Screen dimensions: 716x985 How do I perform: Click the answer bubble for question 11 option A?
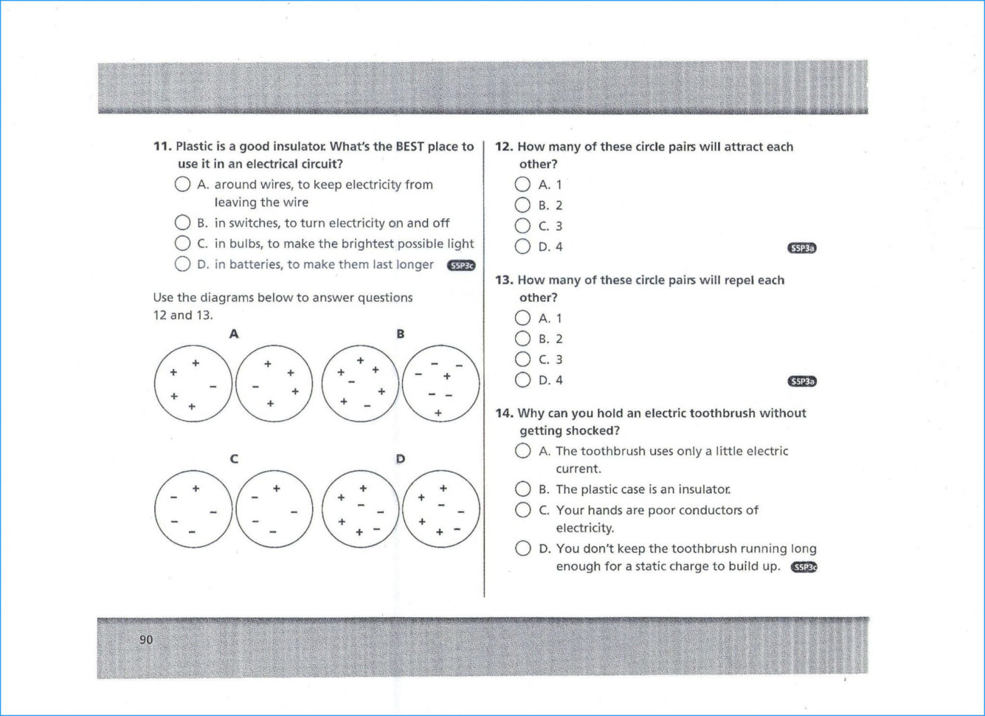[x=183, y=185]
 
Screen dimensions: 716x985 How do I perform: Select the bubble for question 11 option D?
[x=183, y=264]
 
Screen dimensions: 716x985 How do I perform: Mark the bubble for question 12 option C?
[x=522, y=226]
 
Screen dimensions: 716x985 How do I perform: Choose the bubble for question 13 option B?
[x=522, y=339]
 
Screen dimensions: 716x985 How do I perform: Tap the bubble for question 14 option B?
[x=522, y=489]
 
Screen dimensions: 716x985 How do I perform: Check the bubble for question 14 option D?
[x=522, y=548]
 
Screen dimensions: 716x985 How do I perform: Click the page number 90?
[x=146, y=639]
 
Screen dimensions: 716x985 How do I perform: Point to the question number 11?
[x=162, y=147]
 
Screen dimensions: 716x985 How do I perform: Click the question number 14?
[x=503, y=413]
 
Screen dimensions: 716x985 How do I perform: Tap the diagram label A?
[x=234, y=334]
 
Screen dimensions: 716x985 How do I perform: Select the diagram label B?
[x=400, y=334]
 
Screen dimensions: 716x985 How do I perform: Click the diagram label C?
[x=234, y=459]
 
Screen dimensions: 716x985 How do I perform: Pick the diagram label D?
[x=400, y=459]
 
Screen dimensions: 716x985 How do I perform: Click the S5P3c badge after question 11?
[x=461, y=266]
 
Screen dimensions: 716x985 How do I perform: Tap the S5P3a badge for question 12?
[x=802, y=248]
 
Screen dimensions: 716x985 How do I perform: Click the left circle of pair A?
[x=193, y=384]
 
